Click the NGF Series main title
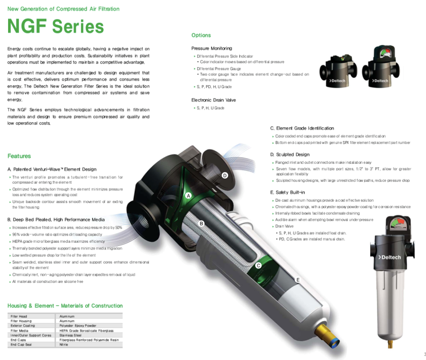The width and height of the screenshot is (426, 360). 55,27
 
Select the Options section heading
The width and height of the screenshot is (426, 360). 201,35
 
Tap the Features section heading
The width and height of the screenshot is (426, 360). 19,156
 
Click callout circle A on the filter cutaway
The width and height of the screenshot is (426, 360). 189,195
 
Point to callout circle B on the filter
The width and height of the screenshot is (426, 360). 202,223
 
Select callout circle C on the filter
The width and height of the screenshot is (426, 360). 258,266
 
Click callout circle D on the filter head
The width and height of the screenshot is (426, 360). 225,175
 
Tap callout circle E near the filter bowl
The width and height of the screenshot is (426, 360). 298,280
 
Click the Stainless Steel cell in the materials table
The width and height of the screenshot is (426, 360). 70,335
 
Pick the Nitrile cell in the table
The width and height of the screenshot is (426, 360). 64,345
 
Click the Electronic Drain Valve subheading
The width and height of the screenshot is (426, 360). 214,100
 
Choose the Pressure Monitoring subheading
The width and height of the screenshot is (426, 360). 211,48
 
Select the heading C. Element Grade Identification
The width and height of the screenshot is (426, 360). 302,128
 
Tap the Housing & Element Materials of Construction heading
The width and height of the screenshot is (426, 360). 65,305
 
